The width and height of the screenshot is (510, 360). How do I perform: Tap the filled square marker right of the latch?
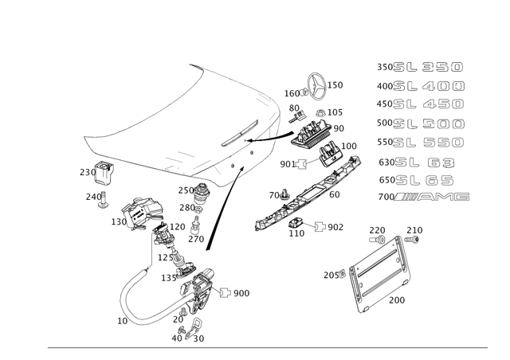click(x=225, y=293)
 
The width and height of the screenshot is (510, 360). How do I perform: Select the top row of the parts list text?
click(x=420, y=68)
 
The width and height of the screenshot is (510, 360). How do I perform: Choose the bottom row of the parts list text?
click(x=423, y=196)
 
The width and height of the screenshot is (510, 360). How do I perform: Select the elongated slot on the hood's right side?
click(x=244, y=131)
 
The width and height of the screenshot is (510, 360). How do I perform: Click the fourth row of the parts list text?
click(x=420, y=123)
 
